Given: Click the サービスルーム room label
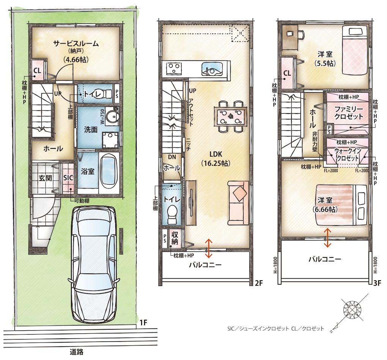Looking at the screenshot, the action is coord(76,44).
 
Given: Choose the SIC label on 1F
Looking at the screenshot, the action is coord(68,178).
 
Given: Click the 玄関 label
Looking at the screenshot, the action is coord(46,178).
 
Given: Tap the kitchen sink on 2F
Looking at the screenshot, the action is coord(212,68).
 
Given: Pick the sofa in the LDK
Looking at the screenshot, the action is coord(238,203).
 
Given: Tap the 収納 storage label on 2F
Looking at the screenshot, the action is coord(175,238).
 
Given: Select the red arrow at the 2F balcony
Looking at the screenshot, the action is coord(209,248).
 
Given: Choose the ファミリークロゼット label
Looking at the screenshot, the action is coord(349,113).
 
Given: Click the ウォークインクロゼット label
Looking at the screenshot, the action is coord(348,155).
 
